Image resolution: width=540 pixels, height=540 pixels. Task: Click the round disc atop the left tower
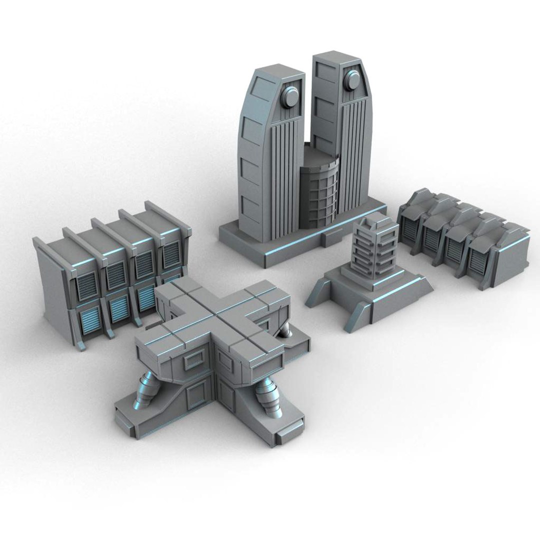290,96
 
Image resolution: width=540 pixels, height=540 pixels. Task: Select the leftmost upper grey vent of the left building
87,286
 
